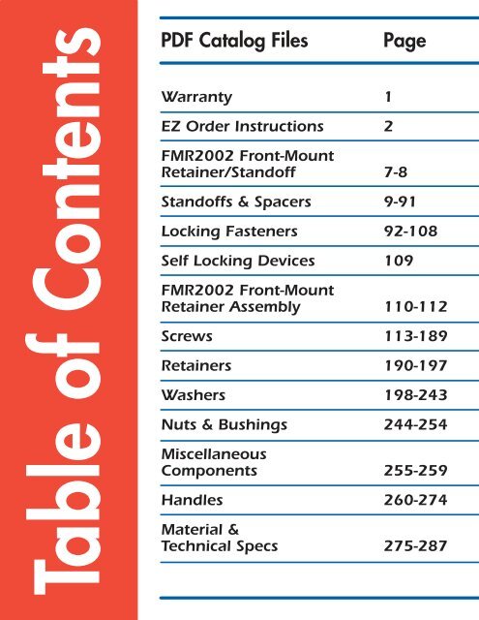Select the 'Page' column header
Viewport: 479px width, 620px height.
[x=404, y=43]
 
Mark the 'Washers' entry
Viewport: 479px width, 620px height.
[x=192, y=396]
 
